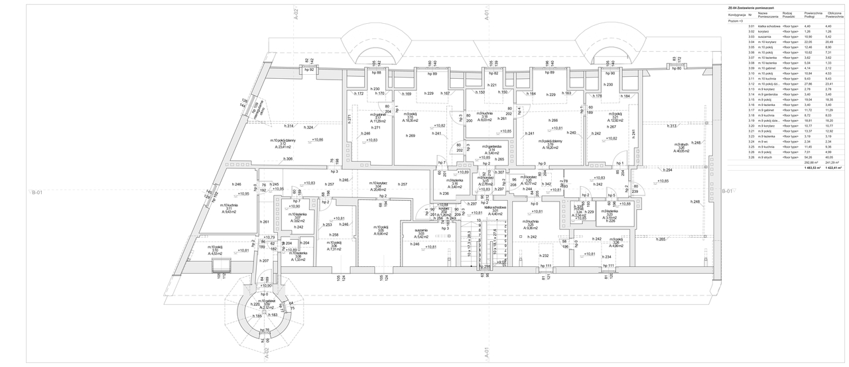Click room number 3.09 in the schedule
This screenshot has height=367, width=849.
[751, 68]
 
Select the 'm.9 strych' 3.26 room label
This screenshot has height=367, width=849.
[683, 148]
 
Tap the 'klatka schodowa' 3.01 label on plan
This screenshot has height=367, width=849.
[495, 210]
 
